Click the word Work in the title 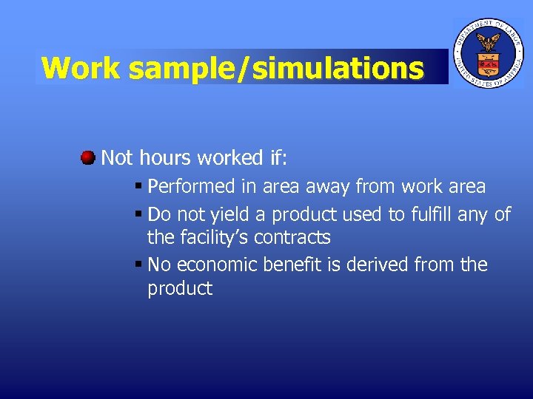81,68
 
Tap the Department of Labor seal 487,52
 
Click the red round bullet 87,157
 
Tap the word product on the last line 180,288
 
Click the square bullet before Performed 138,186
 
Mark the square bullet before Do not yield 138,214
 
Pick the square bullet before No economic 138,265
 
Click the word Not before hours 117,157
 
